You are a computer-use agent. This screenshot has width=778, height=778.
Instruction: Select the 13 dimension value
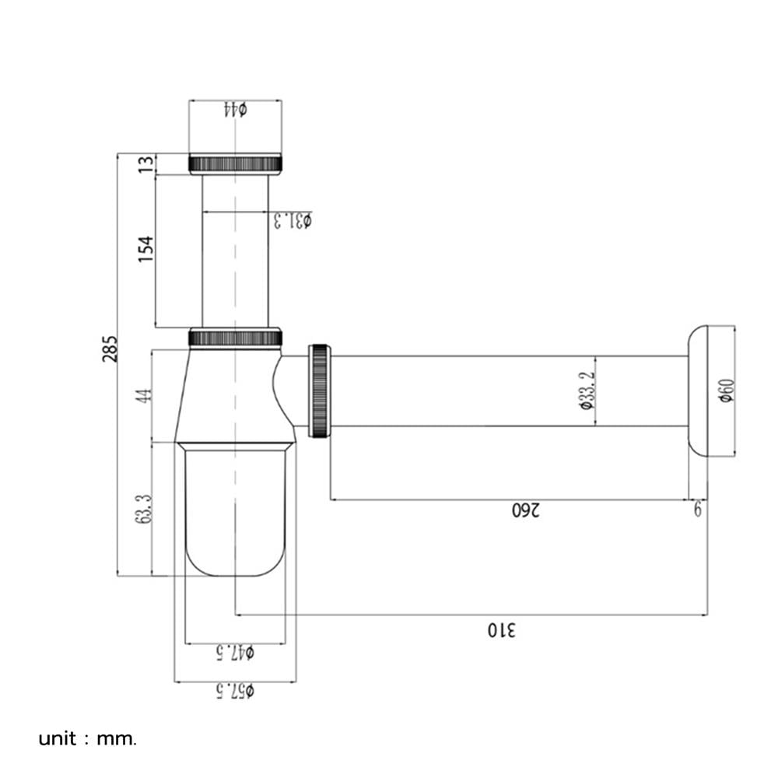tap(146, 164)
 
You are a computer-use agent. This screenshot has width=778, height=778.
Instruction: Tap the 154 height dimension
tap(146, 249)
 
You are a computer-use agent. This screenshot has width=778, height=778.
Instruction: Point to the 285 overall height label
tap(110, 349)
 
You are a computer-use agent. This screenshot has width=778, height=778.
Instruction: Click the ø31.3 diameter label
tap(293, 220)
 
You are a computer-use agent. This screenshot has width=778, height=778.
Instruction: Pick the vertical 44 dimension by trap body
tap(143, 396)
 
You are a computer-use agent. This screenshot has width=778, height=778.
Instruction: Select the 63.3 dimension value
tap(143, 509)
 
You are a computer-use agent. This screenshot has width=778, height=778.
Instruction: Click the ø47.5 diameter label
tap(235, 653)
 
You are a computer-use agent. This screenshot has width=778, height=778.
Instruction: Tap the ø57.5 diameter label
tap(235, 691)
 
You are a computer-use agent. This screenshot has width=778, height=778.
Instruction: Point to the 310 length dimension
tap(502, 630)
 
